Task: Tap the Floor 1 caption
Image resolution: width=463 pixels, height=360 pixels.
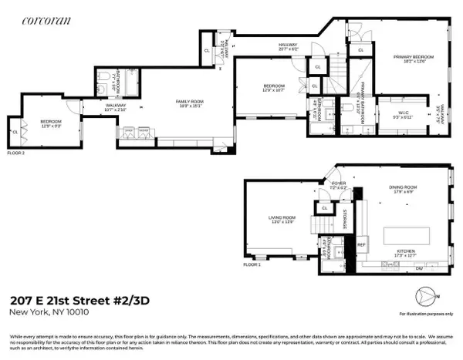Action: coord(252,264)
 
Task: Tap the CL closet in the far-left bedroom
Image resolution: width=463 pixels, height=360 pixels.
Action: coord(15,132)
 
